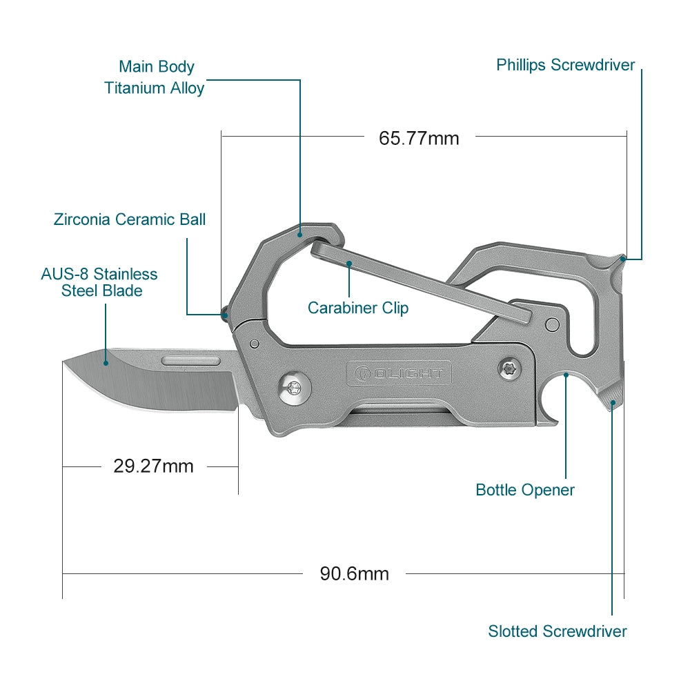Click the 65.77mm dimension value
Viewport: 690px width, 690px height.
pyautogui.click(x=419, y=138)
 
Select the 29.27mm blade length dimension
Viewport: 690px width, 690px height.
pyautogui.click(x=153, y=466)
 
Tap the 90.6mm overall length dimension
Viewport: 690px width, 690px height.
pyautogui.click(x=354, y=573)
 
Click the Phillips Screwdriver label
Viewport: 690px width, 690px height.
pyautogui.click(x=565, y=66)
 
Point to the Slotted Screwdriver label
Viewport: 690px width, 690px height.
pyautogui.click(x=557, y=631)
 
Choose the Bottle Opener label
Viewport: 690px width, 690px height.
pyautogui.click(x=524, y=490)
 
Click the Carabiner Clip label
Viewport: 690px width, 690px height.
pyautogui.click(x=357, y=308)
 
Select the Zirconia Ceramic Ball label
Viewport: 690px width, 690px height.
pyautogui.click(x=130, y=219)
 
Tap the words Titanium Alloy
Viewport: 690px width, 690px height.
pyautogui.click(x=155, y=88)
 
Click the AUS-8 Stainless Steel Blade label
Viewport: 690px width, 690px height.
pyautogui.click(x=99, y=282)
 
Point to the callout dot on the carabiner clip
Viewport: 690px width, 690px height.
pyautogui.click(x=350, y=264)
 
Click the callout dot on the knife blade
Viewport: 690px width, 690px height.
pyautogui.click(x=106, y=361)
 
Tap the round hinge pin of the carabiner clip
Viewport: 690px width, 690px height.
pyautogui.click(x=551, y=324)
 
